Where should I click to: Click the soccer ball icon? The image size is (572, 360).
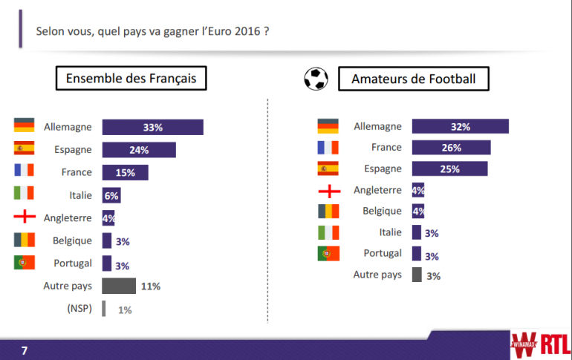pos(316,79)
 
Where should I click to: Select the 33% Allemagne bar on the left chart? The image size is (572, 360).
pos(152,127)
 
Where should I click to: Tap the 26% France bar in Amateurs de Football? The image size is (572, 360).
pos(451,148)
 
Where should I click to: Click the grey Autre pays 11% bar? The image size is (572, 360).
pos(119,286)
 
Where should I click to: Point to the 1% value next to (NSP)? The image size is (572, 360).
pos(124,310)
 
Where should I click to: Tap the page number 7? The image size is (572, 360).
pos(24,350)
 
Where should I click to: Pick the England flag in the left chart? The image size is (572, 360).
pos(25,218)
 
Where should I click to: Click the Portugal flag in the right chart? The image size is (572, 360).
pos(328,254)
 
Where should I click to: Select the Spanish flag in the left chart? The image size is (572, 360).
pos(25,149)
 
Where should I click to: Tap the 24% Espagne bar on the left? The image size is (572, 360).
pos(138,150)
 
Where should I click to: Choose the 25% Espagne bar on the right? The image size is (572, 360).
pos(449,168)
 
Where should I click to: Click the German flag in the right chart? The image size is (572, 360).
pos(328,126)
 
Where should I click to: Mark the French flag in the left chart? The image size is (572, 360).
pos(25,172)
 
